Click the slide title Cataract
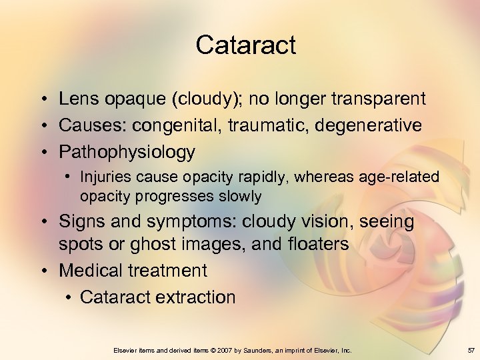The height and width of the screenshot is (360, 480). [245, 45]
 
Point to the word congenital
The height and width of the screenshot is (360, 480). [176, 125]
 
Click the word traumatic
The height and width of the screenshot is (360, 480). [267, 125]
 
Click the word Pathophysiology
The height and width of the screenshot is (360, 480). [127, 152]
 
